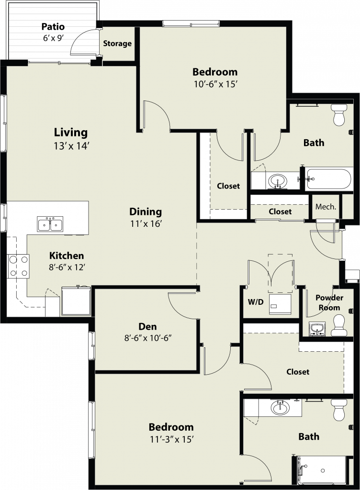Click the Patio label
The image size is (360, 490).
click(x=53, y=27)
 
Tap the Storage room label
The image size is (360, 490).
click(x=117, y=44)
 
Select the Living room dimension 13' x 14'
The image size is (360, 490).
click(x=72, y=146)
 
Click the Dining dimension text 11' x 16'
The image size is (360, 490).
click(x=146, y=224)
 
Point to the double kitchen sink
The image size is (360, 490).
click(x=50, y=224)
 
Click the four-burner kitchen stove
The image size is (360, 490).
click(x=18, y=266)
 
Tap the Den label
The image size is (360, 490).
click(x=147, y=326)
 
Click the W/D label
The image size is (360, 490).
click(x=256, y=302)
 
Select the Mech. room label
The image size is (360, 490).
click(x=326, y=207)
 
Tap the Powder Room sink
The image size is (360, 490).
click(x=317, y=329)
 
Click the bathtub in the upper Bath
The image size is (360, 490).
click(x=328, y=179)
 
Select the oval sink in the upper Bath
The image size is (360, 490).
click(x=278, y=181)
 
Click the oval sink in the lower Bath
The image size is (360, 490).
click(x=280, y=408)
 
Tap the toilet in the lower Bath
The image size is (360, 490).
click(x=339, y=410)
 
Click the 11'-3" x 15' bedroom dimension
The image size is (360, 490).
click(x=172, y=440)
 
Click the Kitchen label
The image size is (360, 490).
click(x=67, y=256)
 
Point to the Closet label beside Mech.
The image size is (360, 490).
click(x=280, y=212)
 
